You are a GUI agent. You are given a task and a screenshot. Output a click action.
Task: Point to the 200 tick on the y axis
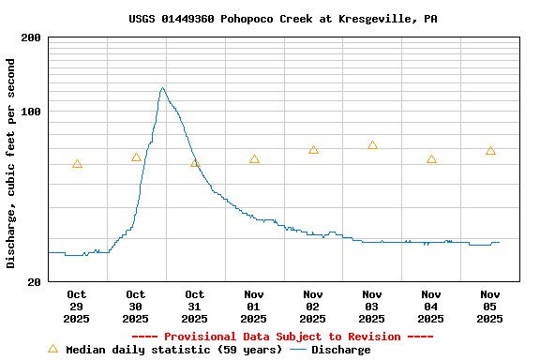(x=30, y=37)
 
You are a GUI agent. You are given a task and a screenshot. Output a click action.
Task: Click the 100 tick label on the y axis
(x=30, y=112)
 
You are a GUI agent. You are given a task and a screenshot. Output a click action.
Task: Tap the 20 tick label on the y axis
(x=34, y=281)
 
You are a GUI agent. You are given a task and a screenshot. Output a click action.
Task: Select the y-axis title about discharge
(x=11, y=163)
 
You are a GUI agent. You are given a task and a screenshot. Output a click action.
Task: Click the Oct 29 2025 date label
(x=77, y=307)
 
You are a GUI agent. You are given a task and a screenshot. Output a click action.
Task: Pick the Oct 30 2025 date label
(x=136, y=307)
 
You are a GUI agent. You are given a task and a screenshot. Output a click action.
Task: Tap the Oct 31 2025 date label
(x=194, y=307)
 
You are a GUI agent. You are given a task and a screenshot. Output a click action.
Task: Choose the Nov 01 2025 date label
(x=253, y=307)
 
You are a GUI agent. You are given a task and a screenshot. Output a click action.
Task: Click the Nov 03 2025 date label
(x=372, y=307)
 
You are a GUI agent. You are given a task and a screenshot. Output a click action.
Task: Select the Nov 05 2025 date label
(x=490, y=307)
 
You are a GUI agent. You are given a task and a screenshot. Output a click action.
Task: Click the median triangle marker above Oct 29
(x=77, y=164)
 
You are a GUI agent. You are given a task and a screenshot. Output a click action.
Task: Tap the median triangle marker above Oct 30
(x=136, y=157)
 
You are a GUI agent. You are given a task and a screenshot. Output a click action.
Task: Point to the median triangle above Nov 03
(x=372, y=145)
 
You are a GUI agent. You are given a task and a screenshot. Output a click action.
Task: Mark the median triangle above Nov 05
(x=490, y=151)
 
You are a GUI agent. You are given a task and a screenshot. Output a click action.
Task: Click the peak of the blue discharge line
(x=162, y=88)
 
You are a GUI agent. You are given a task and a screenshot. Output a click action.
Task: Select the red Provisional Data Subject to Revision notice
(x=282, y=337)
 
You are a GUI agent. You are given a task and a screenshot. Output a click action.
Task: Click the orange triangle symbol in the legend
(x=52, y=349)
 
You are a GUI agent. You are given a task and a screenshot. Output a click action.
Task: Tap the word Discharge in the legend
(x=340, y=350)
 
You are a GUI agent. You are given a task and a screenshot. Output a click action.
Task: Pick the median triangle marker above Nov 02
(x=313, y=150)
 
